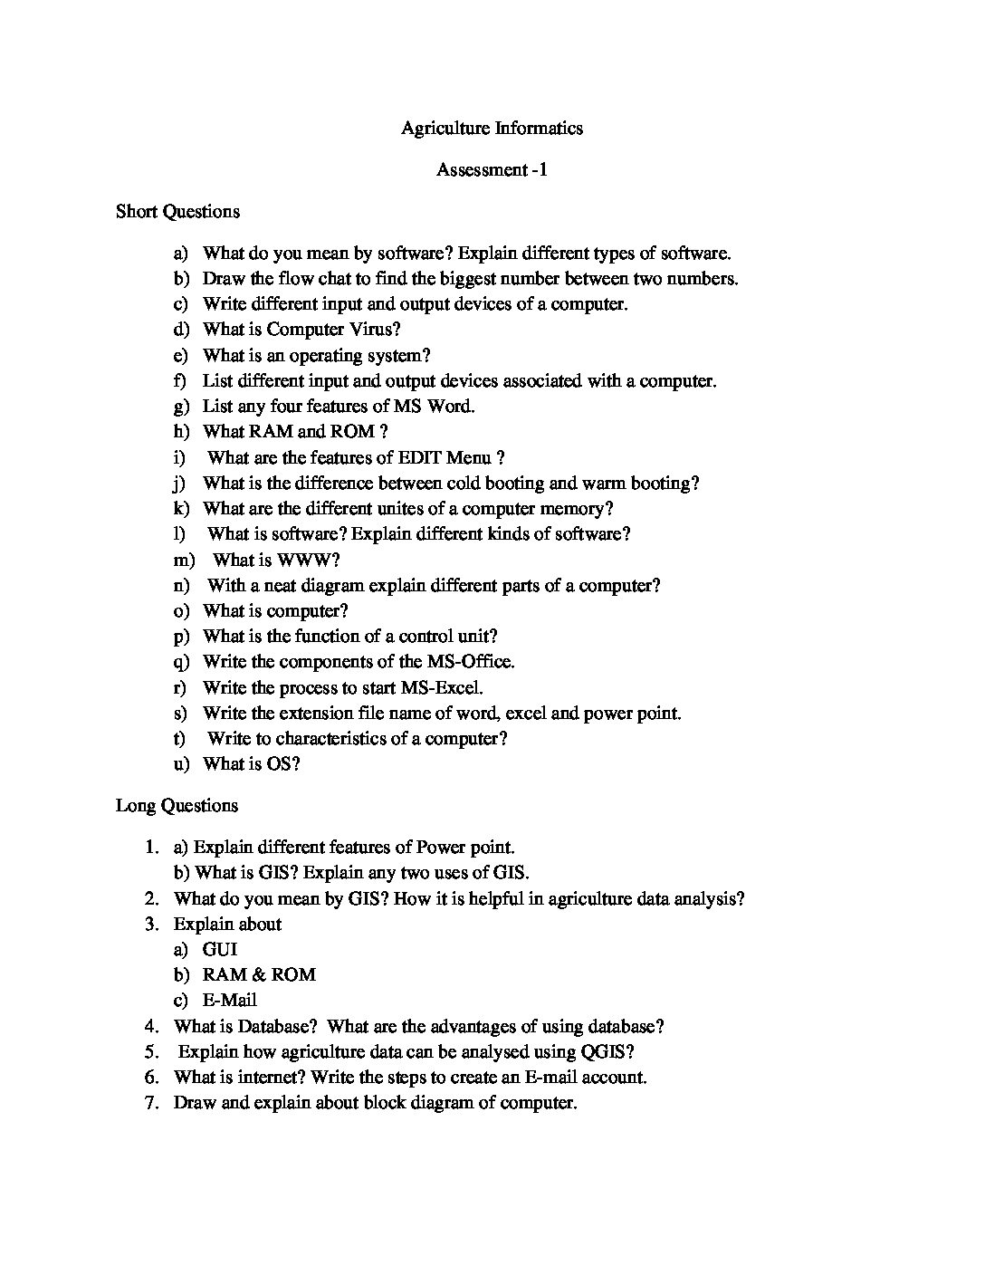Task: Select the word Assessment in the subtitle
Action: (481, 169)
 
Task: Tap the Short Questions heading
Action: (177, 211)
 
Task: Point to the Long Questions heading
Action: (177, 805)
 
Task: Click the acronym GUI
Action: (220, 949)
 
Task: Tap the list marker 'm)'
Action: (185, 560)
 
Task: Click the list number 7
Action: (151, 1102)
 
